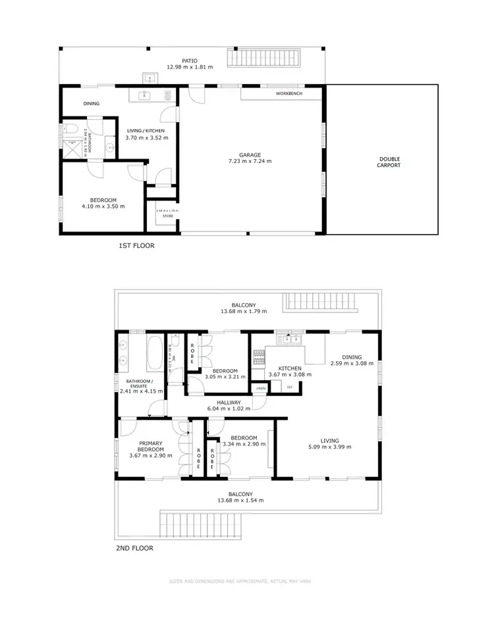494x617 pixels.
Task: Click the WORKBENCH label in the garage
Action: tap(288, 94)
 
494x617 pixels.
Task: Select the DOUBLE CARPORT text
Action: tap(389, 162)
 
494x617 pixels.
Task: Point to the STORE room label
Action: tap(167, 216)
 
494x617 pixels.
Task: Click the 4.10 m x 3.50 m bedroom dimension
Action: tap(103, 207)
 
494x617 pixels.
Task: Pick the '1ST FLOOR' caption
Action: tap(138, 246)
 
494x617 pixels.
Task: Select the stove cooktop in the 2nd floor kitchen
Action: tap(259, 357)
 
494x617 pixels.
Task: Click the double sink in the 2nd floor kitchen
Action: tap(290, 339)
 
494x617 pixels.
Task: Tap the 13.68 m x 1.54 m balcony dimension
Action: tap(241, 500)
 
